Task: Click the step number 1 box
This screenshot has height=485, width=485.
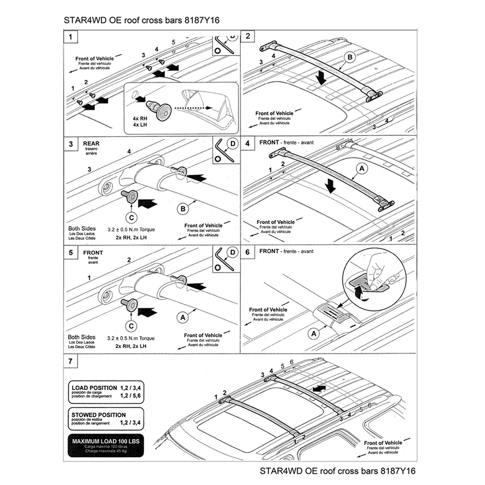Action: [71, 36]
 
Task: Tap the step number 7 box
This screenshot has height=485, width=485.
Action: [71, 362]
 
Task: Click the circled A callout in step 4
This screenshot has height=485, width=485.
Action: [361, 169]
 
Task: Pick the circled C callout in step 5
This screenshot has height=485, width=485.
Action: [131, 325]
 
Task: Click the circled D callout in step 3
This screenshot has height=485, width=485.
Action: [232, 144]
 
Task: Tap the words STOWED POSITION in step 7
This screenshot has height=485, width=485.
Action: [98, 415]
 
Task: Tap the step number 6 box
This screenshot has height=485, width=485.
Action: [248, 253]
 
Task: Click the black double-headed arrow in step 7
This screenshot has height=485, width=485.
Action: [319, 389]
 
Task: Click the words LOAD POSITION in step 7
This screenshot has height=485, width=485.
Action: [94, 388]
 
